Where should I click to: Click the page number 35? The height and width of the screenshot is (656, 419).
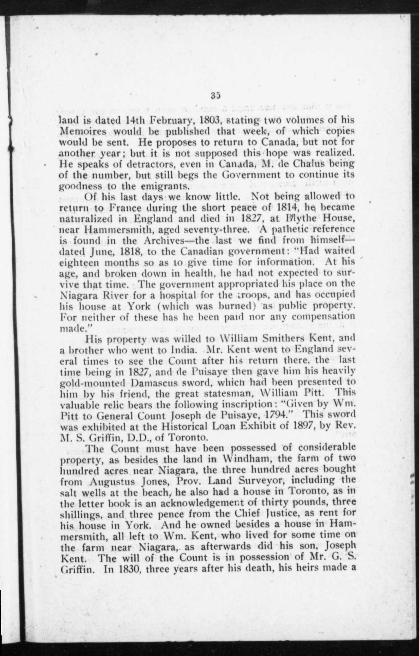215,96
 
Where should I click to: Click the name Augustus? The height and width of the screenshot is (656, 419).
111,481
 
